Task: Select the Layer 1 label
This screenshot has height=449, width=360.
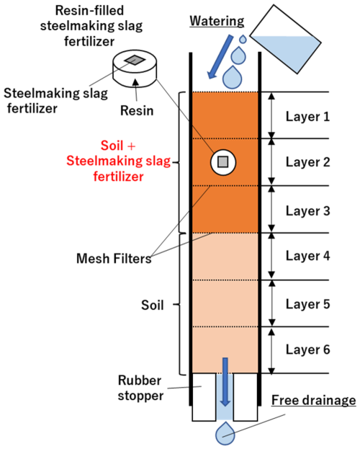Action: click(x=307, y=115)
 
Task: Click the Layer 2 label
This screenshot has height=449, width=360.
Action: click(x=307, y=162)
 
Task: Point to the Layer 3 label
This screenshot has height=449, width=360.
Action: click(x=307, y=210)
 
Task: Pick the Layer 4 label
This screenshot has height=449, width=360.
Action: click(x=307, y=256)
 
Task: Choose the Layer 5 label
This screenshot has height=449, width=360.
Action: click(x=307, y=303)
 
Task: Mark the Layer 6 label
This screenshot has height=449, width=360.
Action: click(x=307, y=350)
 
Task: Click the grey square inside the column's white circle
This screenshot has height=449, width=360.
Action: click(x=222, y=161)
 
